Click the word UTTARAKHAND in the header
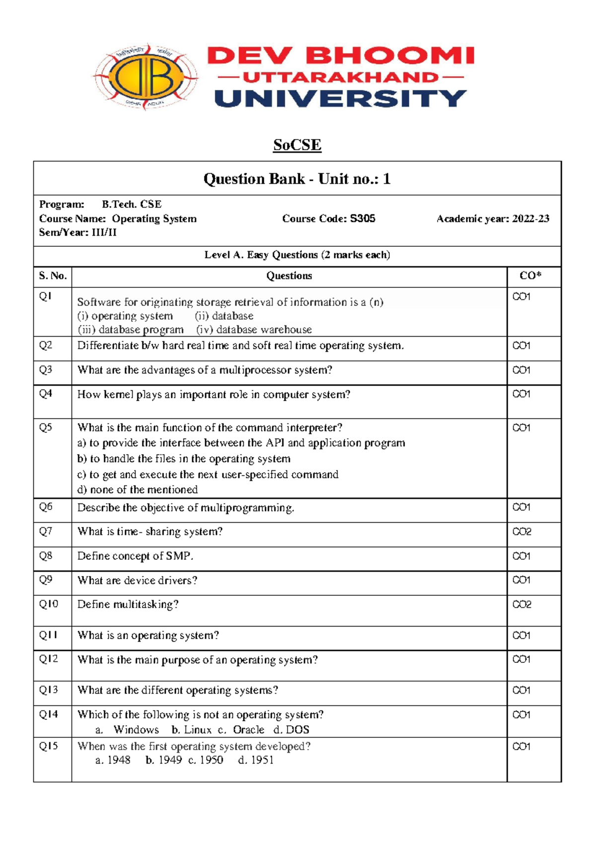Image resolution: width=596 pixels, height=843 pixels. [341, 77]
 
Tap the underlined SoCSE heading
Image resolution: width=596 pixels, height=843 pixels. [297, 145]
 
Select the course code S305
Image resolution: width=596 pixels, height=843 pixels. [363, 218]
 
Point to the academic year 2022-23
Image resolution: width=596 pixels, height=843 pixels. [530, 218]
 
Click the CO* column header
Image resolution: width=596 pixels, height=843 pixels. [530, 276]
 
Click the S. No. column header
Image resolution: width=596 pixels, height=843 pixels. [53, 276]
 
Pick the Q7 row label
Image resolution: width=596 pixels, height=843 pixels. [46, 531]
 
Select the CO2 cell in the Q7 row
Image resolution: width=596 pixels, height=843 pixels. [521, 532]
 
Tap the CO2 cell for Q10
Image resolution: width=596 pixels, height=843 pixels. [521, 604]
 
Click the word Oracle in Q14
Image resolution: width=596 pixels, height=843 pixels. [248, 729]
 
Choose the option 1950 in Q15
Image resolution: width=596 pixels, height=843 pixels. [211, 760]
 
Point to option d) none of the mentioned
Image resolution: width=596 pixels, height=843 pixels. [138, 490]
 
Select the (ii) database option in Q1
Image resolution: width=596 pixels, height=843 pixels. [224, 316]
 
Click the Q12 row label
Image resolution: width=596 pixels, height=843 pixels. [49, 659]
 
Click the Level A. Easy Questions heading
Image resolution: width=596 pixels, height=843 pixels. [297, 255]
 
